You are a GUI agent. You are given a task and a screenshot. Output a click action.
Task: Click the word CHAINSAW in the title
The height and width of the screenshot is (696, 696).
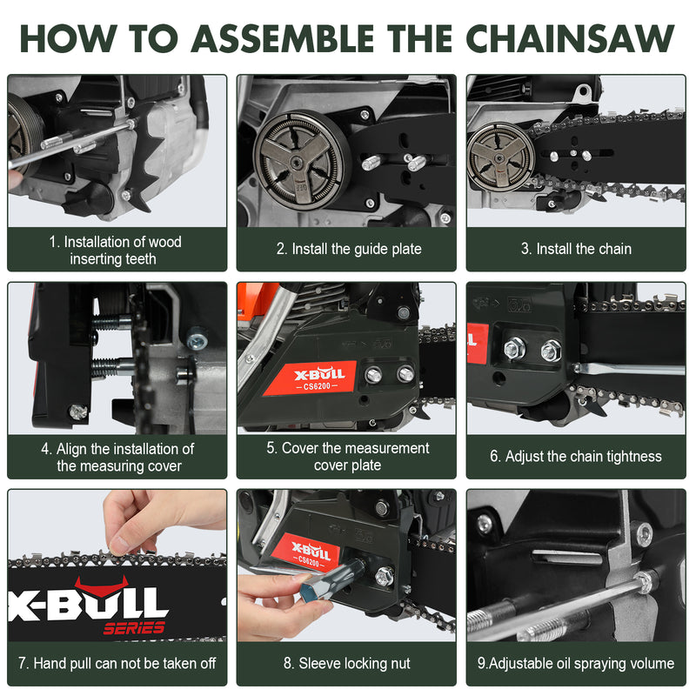click(571, 37)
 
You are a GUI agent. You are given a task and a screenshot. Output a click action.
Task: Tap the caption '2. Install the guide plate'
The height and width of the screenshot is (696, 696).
click(348, 249)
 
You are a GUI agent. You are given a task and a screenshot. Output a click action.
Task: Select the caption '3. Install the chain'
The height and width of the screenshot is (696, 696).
click(577, 249)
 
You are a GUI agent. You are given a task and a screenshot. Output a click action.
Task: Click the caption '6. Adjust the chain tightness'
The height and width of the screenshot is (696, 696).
click(577, 456)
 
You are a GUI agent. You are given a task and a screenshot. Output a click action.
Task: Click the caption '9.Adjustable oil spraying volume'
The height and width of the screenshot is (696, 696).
click(576, 663)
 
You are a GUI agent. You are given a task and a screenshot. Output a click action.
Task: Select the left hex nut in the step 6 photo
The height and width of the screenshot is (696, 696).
click(515, 347)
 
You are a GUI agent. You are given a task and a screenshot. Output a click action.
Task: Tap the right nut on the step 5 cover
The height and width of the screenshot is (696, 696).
click(405, 374)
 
